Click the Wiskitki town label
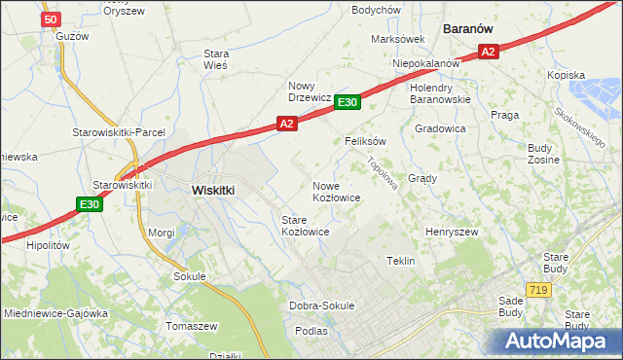[213, 191]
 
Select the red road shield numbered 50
[52, 18]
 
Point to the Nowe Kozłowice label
[337, 191]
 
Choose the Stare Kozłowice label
[305, 226]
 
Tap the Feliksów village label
[366, 140]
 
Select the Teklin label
[401, 261]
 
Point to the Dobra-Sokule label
[322, 306]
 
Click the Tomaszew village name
[192, 325]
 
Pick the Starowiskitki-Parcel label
[119, 131]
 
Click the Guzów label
[72, 35]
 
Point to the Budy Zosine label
[540, 153]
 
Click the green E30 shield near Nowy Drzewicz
[348, 102]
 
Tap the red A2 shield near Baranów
[489, 52]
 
